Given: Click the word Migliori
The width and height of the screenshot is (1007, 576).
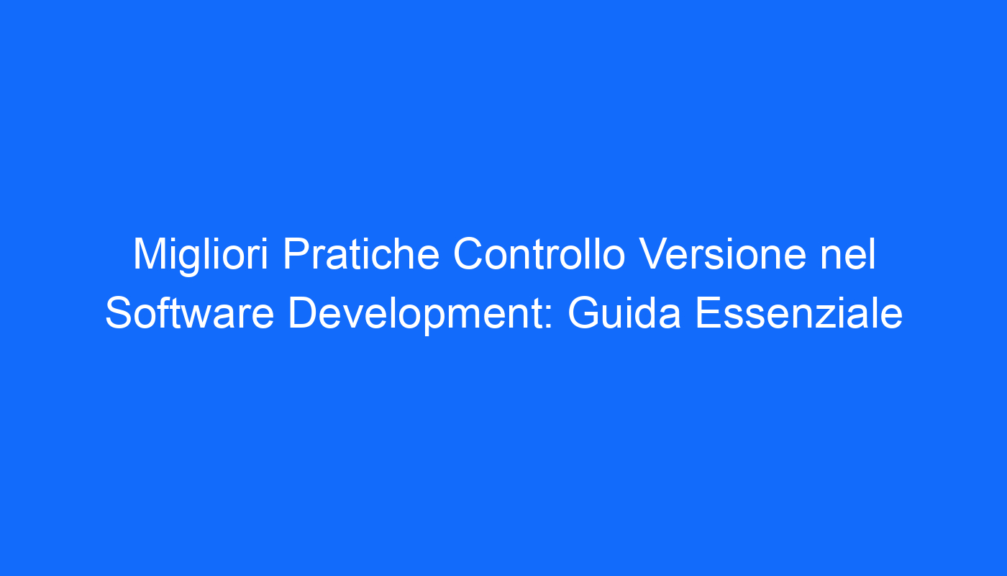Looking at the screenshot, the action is point(201,256).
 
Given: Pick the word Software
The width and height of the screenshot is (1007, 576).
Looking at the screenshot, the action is point(190,313).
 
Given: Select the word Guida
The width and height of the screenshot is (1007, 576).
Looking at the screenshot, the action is point(624,313).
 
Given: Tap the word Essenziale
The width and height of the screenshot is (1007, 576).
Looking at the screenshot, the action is point(799,313).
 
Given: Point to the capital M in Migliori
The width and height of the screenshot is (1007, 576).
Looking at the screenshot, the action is point(150,253).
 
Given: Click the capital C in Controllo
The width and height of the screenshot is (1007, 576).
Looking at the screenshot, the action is point(469,253).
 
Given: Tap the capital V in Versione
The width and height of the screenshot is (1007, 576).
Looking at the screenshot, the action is point(655,253).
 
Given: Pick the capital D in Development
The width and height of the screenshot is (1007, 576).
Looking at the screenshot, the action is point(304,313).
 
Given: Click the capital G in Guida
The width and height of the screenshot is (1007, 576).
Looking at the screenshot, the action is point(584,313).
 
